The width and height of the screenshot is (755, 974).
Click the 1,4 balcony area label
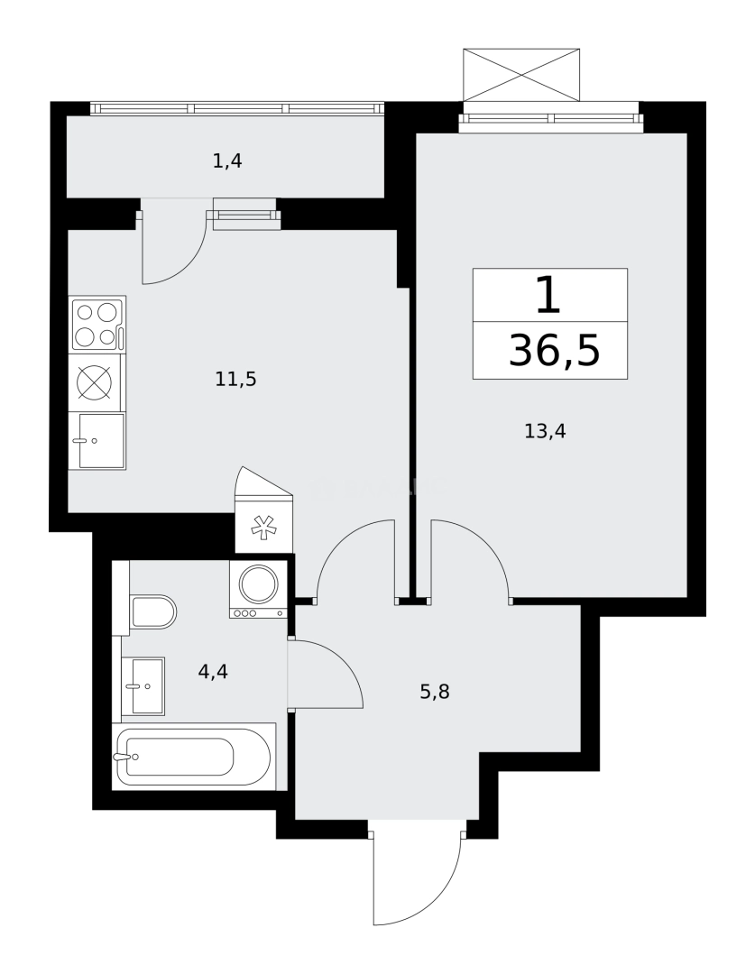pos(227,161)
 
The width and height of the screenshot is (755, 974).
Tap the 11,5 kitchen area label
pos(235,379)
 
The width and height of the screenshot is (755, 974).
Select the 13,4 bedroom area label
pos(545,431)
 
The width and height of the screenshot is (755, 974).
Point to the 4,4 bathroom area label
pos(213,671)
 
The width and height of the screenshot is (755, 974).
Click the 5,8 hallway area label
pos(435,693)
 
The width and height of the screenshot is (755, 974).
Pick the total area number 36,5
pos(554,350)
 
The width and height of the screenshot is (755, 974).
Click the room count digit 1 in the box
pos(548,296)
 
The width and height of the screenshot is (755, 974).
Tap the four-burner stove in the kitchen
pos(97,325)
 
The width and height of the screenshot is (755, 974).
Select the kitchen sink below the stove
pos(97,441)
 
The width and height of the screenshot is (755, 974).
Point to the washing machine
pos(258,584)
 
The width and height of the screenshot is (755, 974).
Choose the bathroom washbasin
pos(143,685)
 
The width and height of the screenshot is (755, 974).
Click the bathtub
pos(192,757)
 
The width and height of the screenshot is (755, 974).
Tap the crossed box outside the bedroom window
pos(521,75)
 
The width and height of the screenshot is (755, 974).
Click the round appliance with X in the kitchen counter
pos(94,382)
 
